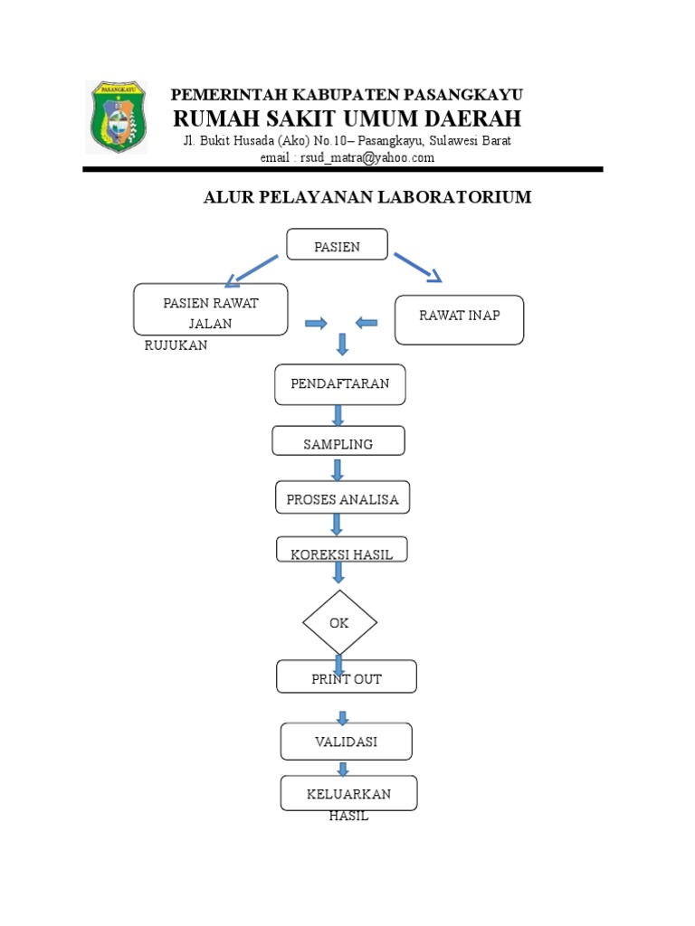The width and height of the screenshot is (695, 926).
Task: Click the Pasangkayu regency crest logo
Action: click(x=116, y=117)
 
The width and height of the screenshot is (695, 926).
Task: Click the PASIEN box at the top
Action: click(x=338, y=245)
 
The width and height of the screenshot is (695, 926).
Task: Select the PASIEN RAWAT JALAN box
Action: click(x=211, y=309)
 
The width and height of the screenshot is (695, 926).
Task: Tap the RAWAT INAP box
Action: click(x=459, y=319)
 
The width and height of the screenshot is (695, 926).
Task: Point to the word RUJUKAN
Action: click(x=176, y=345)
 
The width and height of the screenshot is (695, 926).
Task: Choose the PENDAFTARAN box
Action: click(x=340, y=384)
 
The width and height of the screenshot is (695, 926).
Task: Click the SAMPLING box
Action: click(x=338, y=441)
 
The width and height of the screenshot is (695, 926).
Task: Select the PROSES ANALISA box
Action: click(x=343, y=498)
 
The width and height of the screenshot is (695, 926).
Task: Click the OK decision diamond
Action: click(x=339, y=623)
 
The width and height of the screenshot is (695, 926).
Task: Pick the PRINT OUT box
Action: click(x=347, y=677)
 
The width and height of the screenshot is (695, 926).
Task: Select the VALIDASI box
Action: click(x=347, y=742)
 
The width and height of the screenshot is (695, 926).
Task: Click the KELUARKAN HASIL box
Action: click(x=348, y=793)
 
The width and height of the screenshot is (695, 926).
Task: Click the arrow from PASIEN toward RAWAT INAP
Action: click(x=418, y=269)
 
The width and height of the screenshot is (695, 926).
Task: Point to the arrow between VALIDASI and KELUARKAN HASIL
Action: click(x=343, y=769)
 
